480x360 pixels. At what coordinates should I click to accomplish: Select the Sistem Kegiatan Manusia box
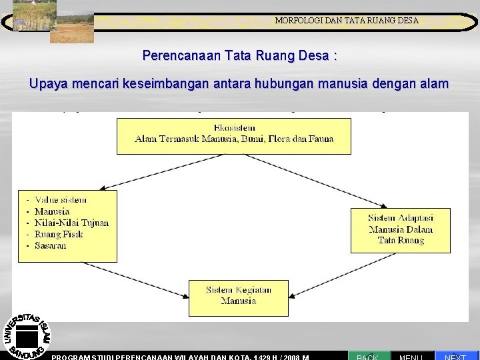[230, 297]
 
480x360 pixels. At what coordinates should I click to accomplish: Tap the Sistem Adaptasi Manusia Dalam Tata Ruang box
[400, 229]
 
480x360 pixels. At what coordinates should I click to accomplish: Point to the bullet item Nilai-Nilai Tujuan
[71, 223]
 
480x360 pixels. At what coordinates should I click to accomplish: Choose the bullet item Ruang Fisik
[59, 234]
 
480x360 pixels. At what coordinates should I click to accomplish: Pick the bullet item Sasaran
[50, 245]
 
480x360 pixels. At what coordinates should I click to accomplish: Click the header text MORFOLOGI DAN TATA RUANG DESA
[347, 21]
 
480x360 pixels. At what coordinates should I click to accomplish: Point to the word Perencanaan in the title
[174, 56]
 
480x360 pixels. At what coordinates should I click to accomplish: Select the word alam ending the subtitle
[435, 85]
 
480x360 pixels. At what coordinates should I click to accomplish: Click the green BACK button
[367, 355]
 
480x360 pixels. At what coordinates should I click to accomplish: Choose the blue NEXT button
[456, 355]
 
